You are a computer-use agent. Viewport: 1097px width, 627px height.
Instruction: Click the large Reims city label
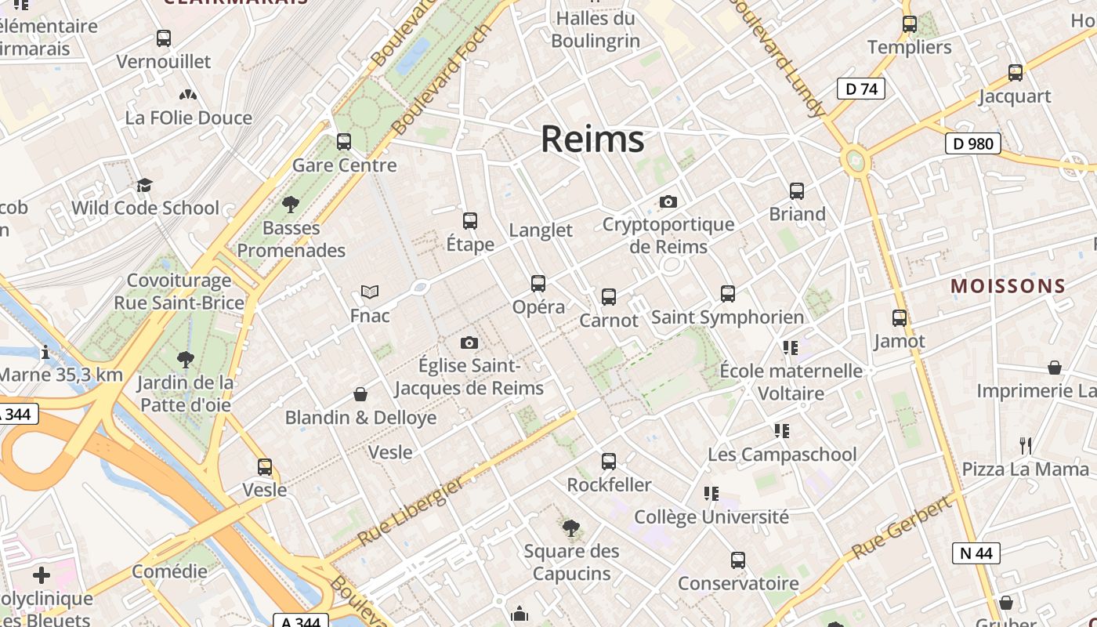click(x=592, y=140)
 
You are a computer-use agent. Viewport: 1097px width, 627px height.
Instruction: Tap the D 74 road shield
click(x=860, y=89)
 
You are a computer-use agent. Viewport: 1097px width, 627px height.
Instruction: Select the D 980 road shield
click(x=972, y=143)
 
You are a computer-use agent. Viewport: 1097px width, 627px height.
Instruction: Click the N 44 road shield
click(x=976, y=553)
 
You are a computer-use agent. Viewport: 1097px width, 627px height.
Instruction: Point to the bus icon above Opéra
click(x=538, y=284)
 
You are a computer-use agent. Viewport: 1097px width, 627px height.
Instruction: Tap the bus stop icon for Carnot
click(x=609, y=297)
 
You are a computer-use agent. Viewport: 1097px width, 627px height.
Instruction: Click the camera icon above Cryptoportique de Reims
click(x=668, y=201)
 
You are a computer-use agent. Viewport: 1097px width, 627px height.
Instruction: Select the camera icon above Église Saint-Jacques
click(x=469, y=342)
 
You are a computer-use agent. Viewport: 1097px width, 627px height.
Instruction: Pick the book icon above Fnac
click(x=370, y=292)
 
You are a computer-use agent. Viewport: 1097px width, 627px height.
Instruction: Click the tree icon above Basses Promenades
click(x=291, y=205)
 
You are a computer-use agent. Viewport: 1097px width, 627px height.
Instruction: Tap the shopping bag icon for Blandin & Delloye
click(x=360, y=393)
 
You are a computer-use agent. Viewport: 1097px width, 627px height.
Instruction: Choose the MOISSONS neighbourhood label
click(x=1008, y=286)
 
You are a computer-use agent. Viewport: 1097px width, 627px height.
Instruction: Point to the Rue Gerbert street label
click(x=901, y=527)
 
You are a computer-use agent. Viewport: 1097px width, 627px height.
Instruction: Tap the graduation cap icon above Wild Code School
click(x=144, y=185)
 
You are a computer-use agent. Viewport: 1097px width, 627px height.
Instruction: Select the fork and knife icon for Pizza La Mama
click(x=1025, y=446)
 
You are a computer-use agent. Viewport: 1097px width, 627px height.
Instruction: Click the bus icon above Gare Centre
click(x=343, y=142)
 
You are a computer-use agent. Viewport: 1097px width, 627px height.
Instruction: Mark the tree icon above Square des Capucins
click(x=571, y=527)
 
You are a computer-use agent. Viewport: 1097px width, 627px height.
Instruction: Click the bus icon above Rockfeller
click(x=609, y=462)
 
